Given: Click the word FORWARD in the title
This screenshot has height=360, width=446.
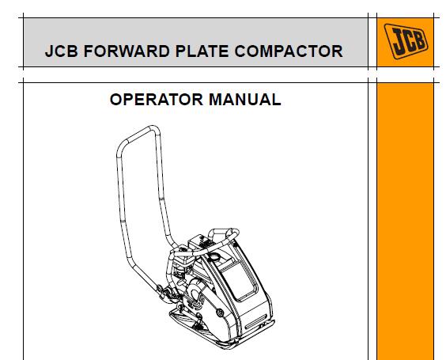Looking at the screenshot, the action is pyautogui.click(x=127, y=51).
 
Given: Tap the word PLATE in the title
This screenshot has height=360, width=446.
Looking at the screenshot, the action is pyautogui.click(x=202, y=51).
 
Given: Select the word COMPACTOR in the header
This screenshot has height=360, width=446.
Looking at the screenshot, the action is pyautogui.click(x=289, y=51).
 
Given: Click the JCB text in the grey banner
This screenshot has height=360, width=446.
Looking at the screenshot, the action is pyautogui.click(x=62, y=51).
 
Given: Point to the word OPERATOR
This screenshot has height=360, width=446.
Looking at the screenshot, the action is pyautogui.click(x=156, y=100).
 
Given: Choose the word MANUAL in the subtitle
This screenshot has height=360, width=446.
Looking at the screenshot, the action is pyautogui.click(x=244, y=100).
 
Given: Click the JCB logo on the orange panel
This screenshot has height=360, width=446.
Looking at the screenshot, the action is pyautogui.click(x=406, y=41).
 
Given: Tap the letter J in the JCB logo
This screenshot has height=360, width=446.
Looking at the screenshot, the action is pyautogui.click(x=399, y=41).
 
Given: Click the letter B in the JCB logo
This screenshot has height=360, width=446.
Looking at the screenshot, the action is pyautogui.click(x=420, y=40).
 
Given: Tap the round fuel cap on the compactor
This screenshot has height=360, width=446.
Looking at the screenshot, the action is pyautogui.click(x=214, y=258).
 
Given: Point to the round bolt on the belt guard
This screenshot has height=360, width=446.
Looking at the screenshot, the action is pyautogui.click(x=220, y=313).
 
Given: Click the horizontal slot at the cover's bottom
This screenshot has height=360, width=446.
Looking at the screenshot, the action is pyautogui.click(x=255, y=321).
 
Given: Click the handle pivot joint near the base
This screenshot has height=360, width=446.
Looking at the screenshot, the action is pyautogui.click(x=166, y=292).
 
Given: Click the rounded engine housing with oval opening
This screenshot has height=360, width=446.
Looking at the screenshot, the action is pyautogui.click(x=195, y=292).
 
